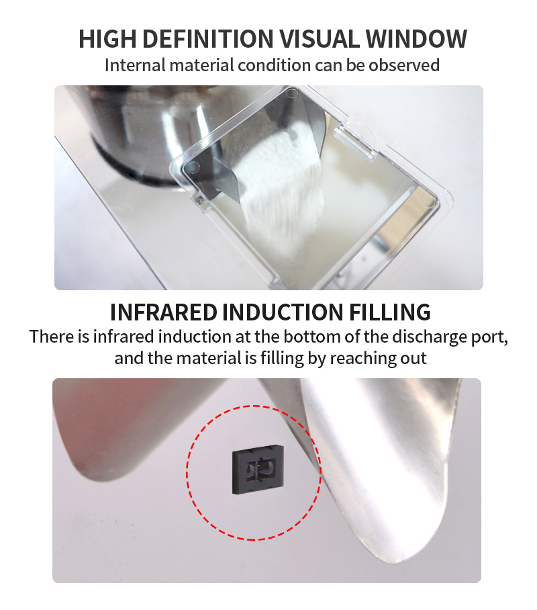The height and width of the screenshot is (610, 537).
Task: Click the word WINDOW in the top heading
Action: click(x=416, y=38)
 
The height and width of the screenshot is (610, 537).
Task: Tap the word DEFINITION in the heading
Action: click(x=208, y=38)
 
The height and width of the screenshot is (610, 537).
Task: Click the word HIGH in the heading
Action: click(x=107, y=38)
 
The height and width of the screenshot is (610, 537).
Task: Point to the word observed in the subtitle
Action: click(x=404, y=65)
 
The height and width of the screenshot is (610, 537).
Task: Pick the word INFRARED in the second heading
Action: click(x=164, y=312)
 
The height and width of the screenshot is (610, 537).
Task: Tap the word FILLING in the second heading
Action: click(x=389, y=312)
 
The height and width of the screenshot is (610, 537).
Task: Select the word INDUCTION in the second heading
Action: click(x=283, y=312)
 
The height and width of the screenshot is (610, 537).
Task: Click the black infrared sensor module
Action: click(x=258, y=469)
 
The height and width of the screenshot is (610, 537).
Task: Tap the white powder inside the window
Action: click(x=280, y=187)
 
